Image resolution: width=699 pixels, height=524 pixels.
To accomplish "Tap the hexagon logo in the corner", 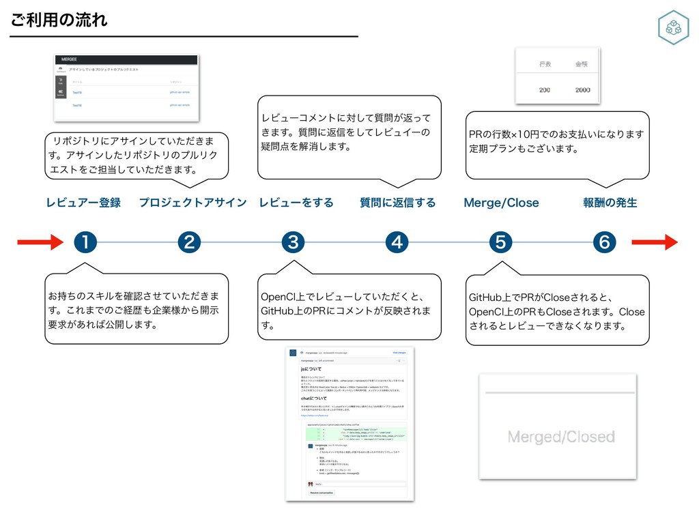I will click(x=672, y=28).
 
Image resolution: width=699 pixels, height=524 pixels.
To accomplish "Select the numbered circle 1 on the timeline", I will click(x=86, y=242).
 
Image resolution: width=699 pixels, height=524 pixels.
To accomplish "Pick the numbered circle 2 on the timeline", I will click(x=189, y=242).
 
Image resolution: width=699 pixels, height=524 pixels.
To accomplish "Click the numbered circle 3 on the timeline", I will click(x=293, y=242).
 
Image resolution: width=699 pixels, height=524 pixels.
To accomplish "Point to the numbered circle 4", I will click(x=397, y=242).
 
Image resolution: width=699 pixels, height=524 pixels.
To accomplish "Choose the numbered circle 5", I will click(x=500, y=242).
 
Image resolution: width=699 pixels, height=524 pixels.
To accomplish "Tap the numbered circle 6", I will click(x=604, y=242).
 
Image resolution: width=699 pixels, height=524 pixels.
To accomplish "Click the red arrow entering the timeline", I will click(x=40, y=242).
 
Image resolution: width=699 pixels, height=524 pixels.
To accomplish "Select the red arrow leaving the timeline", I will click(x=655, y=242).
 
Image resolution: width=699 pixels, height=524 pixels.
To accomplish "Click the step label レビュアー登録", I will click(x=83, y=203).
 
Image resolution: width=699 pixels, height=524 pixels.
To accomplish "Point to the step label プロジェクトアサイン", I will click(x=192, y=203).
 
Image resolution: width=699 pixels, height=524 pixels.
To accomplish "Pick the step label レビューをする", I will click(x=296, y=203).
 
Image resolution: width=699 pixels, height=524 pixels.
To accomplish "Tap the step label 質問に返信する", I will click(x=397, y=203).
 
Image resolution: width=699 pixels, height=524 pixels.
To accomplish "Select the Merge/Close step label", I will click(x=501, y=203).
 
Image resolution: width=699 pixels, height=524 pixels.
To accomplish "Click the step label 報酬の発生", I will click(x=610, y=203).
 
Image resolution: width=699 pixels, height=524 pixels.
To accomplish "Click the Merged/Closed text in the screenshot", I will click(x=561, y=436).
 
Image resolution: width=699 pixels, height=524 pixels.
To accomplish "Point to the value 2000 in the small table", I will click(x=582, y=90).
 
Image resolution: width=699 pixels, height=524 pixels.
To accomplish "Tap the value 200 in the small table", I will click(x=545, y=90).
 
